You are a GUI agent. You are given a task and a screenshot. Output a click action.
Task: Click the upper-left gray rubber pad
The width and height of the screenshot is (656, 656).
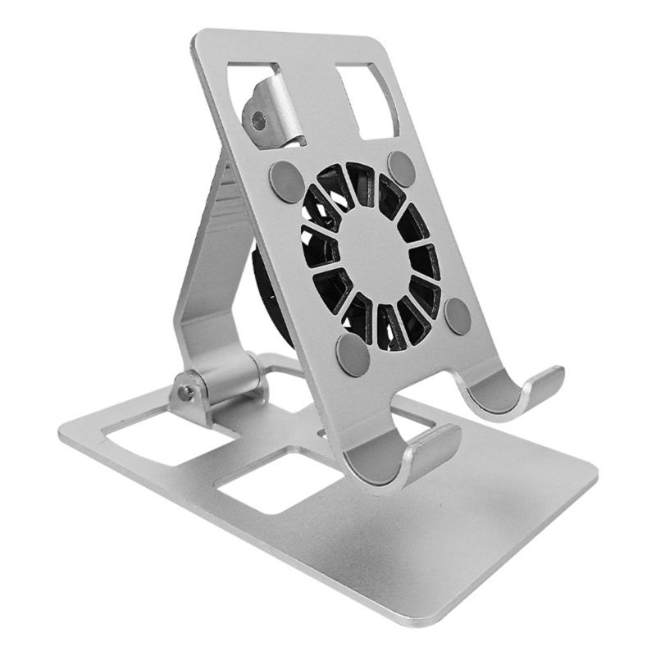[x=286, y=176]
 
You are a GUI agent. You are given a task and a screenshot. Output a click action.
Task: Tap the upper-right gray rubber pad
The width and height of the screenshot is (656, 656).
[x=402, y=168]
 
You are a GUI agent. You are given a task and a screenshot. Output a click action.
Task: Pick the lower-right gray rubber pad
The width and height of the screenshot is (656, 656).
[x=458, y=316]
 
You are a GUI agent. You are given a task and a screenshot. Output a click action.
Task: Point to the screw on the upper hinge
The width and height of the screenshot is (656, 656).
[x=259, y=122]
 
